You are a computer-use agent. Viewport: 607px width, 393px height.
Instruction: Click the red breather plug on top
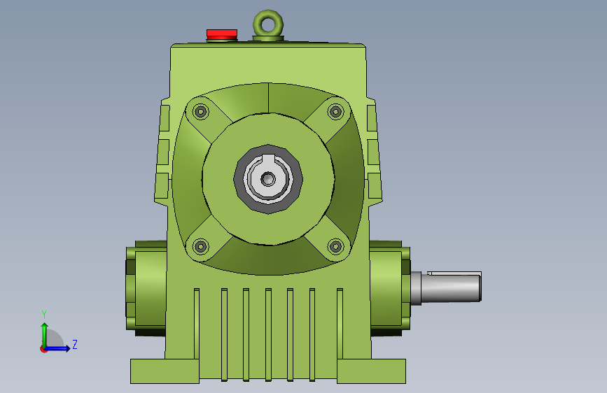(222, 34)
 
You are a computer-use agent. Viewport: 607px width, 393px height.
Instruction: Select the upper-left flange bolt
(200, 112)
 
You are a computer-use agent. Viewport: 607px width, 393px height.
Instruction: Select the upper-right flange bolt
(335, 112)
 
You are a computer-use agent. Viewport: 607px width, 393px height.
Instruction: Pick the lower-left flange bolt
(200, 246)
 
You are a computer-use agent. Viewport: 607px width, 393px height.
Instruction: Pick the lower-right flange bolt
(335, 246)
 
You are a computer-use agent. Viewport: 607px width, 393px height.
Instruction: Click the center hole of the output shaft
(268, 179)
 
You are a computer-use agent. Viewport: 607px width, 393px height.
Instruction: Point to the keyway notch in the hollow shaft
(268, 158)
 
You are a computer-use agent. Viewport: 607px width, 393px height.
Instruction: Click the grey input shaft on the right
(446, 287)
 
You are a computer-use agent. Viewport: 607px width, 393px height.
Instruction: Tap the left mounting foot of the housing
(165, 371)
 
